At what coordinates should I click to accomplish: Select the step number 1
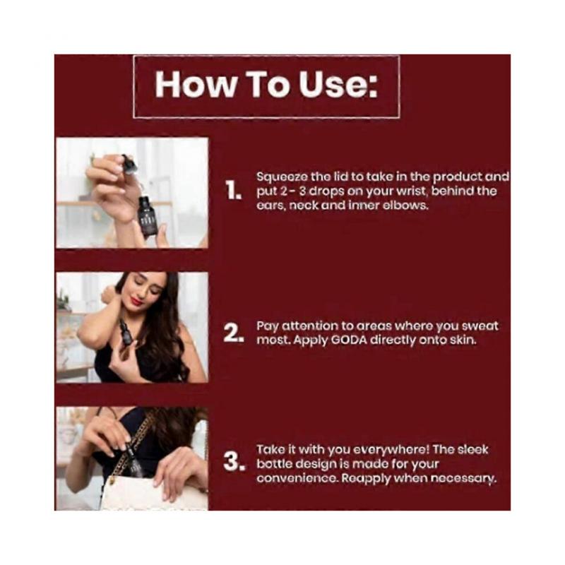[234, 190]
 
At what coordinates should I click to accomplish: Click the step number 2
[234, 332]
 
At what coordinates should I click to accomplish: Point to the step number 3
[234, 462]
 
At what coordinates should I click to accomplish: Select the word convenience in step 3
[297, 479]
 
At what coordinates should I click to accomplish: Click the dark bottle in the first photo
[147, 215]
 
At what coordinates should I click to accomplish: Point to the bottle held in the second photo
[125, 335]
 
